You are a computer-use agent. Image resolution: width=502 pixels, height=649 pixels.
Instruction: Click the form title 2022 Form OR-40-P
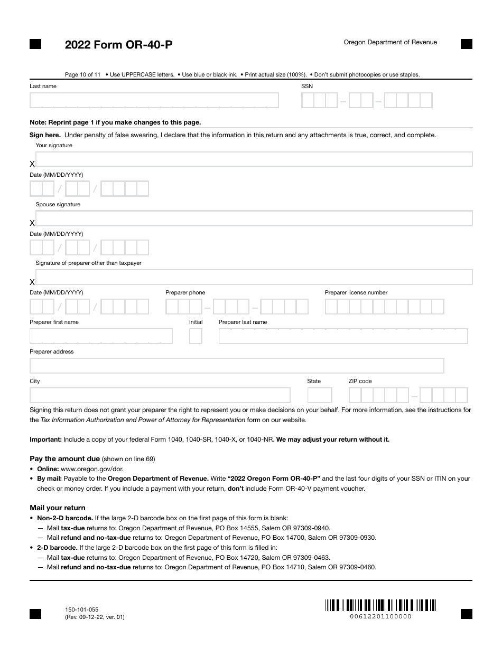118,45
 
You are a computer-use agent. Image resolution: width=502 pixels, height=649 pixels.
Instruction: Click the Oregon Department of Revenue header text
390,42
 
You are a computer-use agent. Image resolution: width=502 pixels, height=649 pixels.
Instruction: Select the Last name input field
154,100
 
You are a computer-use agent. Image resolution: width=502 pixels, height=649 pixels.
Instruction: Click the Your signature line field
254,159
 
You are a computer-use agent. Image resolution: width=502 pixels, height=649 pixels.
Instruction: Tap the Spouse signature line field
254,218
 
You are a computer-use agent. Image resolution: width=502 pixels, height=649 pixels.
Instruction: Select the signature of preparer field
254,278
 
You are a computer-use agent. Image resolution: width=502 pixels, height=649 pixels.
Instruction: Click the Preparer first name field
101,336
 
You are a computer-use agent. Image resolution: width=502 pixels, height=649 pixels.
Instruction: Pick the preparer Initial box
196,336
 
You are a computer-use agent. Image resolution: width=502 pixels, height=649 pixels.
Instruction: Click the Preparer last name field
343,336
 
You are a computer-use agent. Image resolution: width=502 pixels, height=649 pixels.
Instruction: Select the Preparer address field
237,366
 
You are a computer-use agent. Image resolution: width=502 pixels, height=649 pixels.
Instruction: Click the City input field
160,395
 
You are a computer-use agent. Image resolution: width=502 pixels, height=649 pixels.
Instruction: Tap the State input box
320,395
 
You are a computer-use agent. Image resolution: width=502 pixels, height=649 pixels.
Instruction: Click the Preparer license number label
356,292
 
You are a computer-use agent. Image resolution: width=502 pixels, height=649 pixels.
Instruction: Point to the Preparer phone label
185,292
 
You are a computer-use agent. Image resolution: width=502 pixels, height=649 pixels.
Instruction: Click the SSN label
307,86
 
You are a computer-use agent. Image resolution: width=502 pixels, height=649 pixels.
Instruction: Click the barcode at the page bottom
380,605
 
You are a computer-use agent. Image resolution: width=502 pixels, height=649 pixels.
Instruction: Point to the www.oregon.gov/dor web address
92,469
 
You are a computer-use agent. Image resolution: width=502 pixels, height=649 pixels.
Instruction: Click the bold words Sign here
45,135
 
